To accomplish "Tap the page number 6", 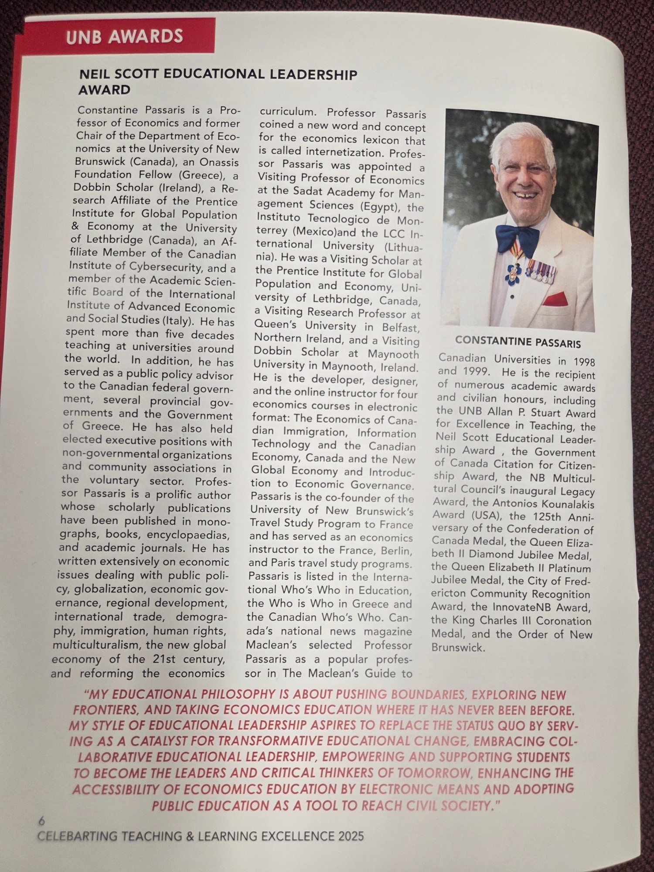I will pos(42,821).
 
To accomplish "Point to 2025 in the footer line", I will pos(347,836).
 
